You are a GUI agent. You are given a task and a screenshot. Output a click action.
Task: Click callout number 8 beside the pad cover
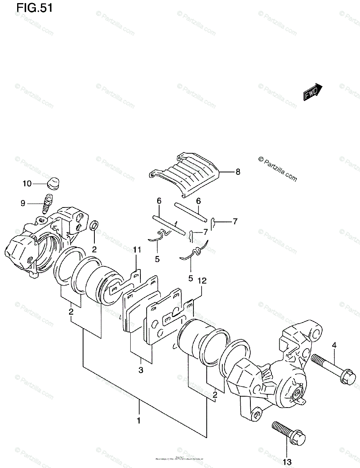pos(238,172)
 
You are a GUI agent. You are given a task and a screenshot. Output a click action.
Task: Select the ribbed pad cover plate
pos(187,175)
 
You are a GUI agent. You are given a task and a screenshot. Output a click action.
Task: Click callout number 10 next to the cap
pos(27,183)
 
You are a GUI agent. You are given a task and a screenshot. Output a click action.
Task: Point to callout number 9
pos(23,203)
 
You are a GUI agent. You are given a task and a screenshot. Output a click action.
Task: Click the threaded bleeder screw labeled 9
pos(47,203)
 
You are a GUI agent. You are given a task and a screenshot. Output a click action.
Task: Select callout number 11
pos(136,250)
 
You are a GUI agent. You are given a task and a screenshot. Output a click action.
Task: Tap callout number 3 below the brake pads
pos(141,370)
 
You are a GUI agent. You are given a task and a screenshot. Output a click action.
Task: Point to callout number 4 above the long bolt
pos(334,345)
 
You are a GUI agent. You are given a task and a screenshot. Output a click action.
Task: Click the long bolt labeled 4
pos(333,367)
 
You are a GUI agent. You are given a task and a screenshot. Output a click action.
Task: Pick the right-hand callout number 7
pos(235,222)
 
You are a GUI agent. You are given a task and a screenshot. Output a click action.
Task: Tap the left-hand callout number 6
pos(159,201)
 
